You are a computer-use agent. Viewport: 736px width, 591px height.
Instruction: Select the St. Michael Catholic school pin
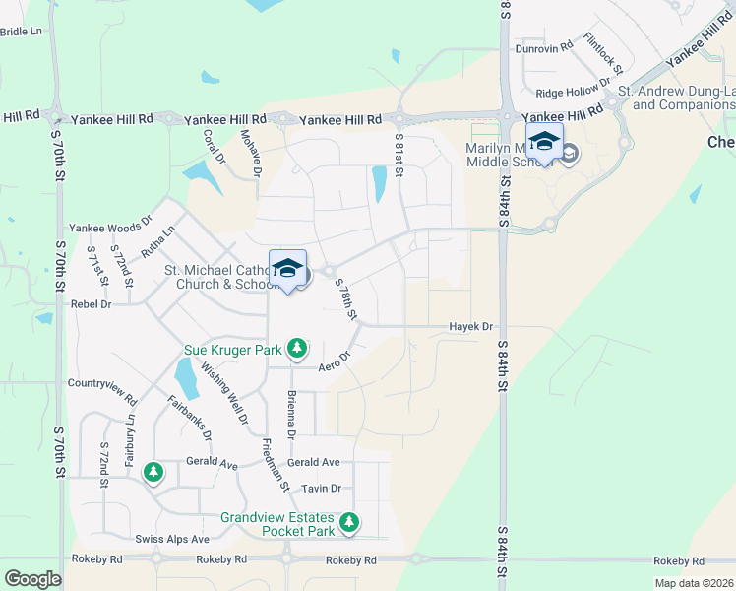click(287, 270)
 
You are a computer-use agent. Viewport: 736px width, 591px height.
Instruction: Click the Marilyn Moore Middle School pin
click(544, 143)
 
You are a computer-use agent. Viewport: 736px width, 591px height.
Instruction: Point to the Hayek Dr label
click(471, 326)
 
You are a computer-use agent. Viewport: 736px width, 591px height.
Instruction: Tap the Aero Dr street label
click(336, 363)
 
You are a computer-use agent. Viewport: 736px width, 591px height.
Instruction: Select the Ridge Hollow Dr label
click(569, 93)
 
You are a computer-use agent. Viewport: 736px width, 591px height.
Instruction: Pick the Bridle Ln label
click(22, 32)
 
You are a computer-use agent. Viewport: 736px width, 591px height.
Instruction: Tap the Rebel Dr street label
click(92, 304)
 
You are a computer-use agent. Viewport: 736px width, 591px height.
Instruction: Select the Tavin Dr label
click(322, 488)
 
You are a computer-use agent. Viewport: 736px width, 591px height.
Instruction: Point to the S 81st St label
click(399, 156)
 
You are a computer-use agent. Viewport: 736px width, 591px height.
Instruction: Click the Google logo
click(33, 579)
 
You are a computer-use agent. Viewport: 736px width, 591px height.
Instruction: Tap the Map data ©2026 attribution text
click(694, 583)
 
